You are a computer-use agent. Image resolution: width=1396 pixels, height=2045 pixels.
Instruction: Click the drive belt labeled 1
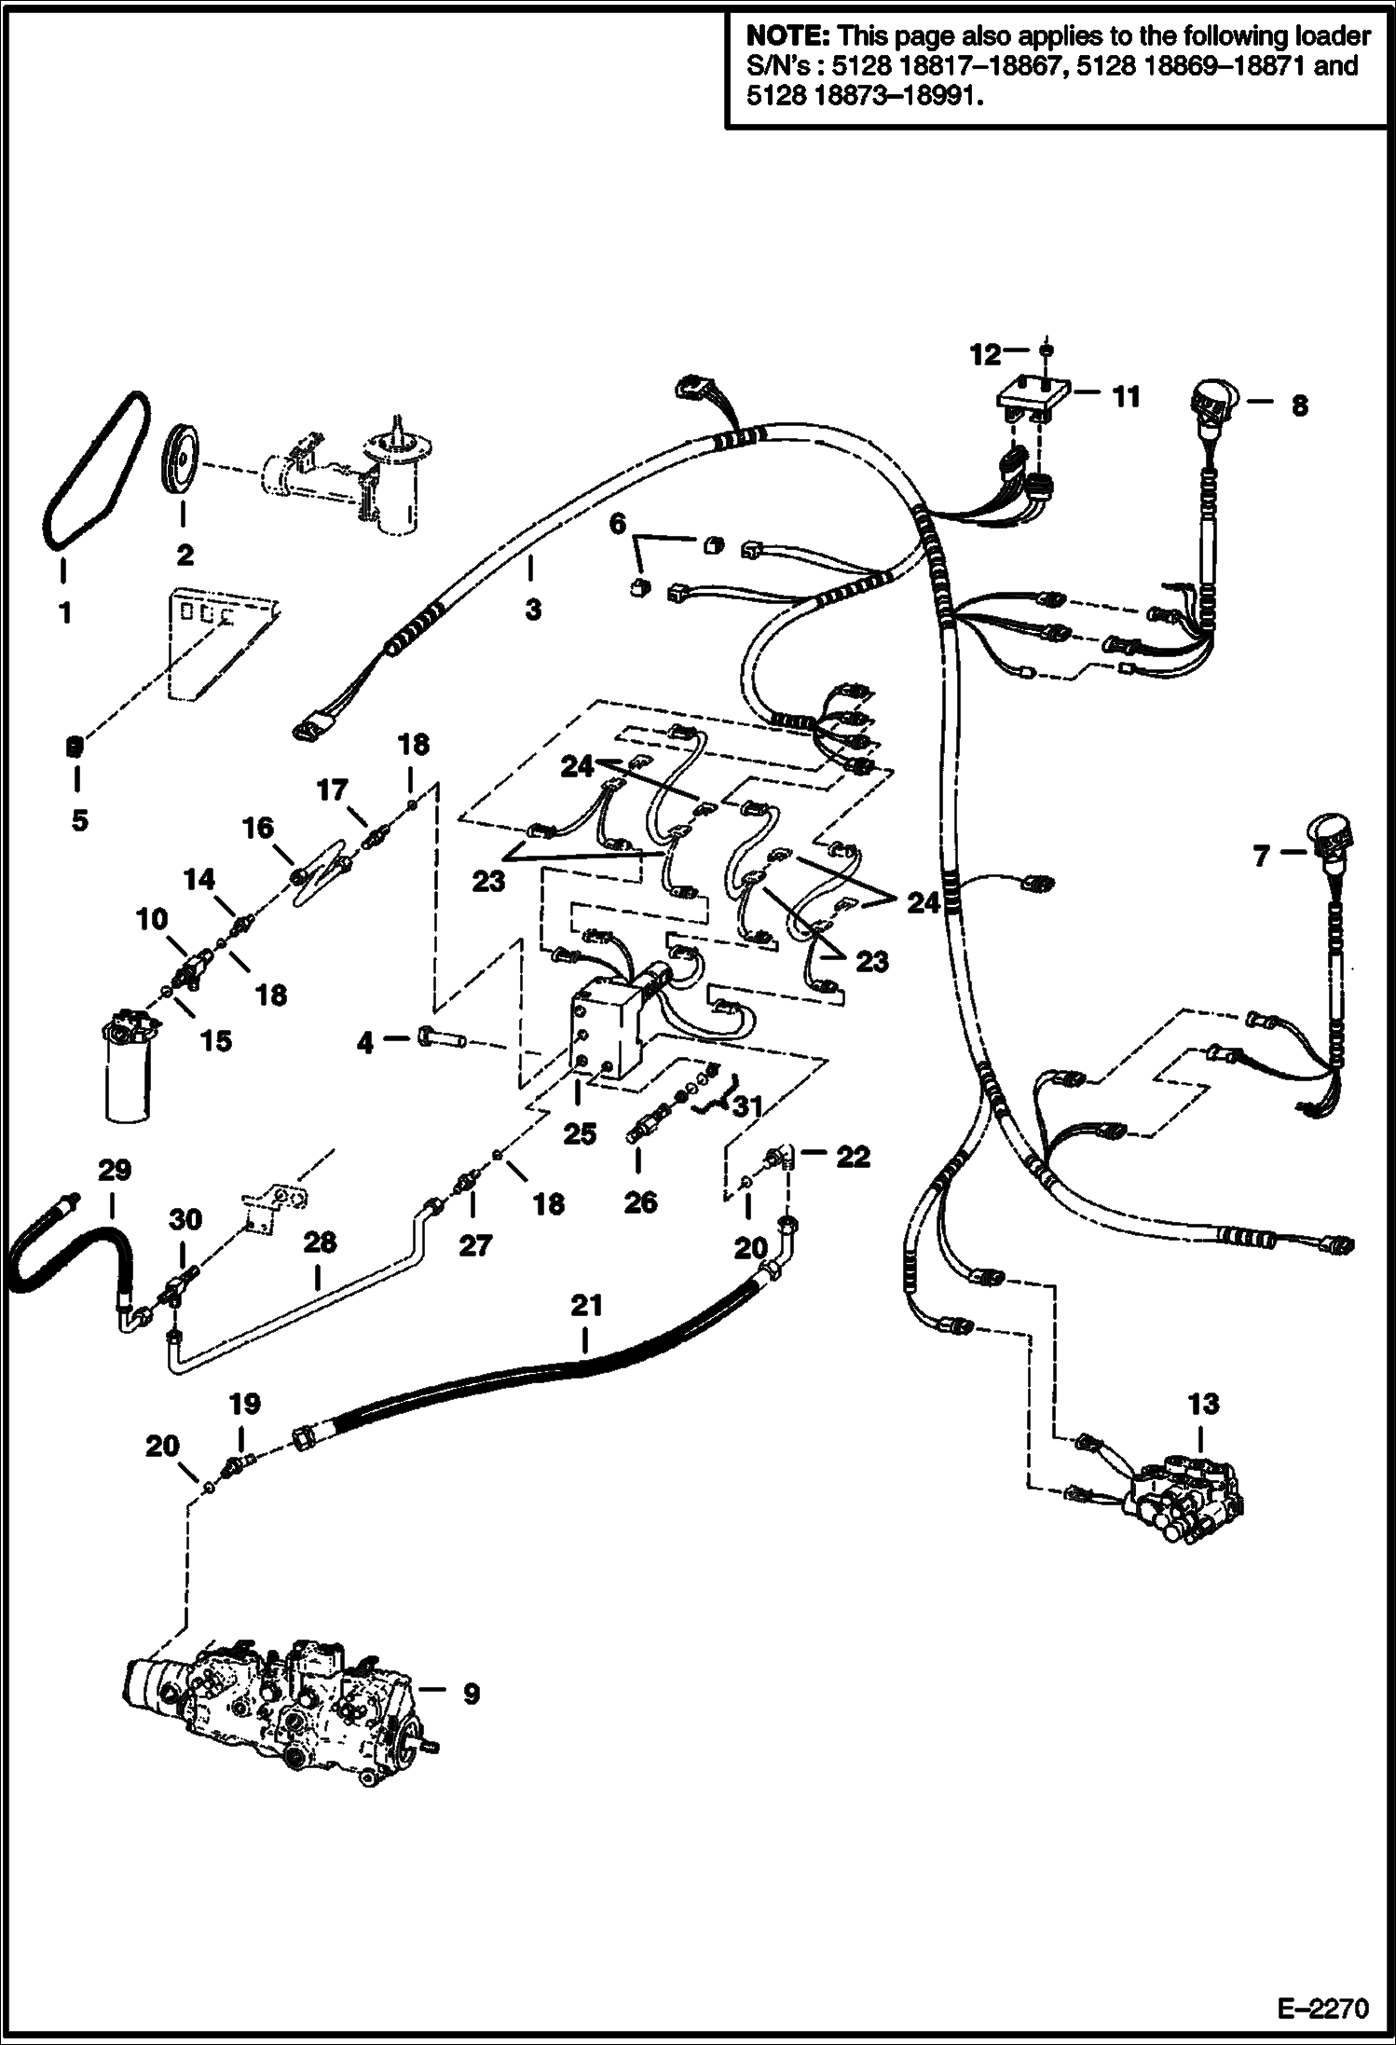93,471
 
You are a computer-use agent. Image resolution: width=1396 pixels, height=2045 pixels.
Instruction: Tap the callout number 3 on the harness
532,610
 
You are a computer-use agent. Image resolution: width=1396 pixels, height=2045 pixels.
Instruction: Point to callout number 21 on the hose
586,1306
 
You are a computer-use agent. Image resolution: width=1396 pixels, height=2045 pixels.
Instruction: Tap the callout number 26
640,1202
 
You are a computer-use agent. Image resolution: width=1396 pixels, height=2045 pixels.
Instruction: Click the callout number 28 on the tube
319,1242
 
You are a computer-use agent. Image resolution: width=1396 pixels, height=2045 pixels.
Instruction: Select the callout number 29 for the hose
115,1171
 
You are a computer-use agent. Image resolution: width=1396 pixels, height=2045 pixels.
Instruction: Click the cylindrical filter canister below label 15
128,1072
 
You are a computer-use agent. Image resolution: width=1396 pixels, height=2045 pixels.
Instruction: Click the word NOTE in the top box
787,37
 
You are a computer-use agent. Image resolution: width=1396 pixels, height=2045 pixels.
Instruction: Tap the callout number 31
747,1106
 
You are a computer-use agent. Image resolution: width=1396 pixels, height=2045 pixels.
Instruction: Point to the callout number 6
617,524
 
